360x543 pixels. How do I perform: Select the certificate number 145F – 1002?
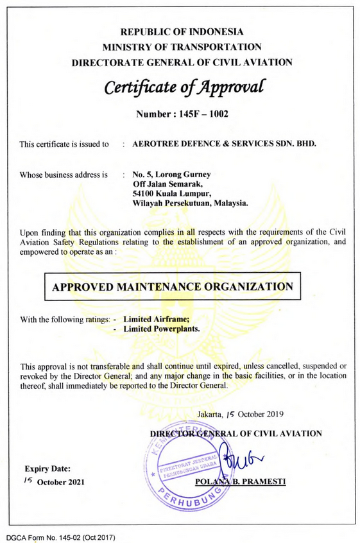point(182,114)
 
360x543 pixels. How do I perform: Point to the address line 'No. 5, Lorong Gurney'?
point(171,175)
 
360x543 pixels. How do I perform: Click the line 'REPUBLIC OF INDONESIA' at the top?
point(182,31)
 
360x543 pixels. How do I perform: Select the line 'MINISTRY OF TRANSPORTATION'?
point(182,47)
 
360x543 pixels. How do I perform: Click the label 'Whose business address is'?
point(64,175)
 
